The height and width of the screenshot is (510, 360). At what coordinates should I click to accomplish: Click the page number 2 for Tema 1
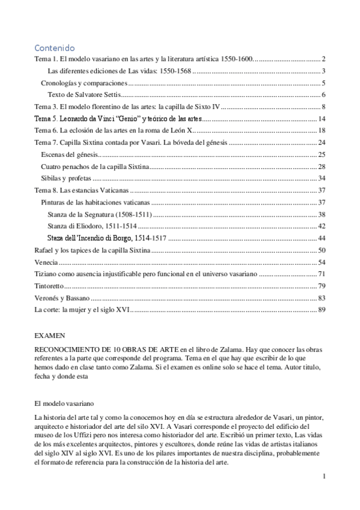323,59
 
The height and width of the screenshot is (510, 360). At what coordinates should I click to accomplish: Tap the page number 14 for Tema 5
322,118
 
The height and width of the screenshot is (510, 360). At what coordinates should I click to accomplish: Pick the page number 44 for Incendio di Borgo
322,238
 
